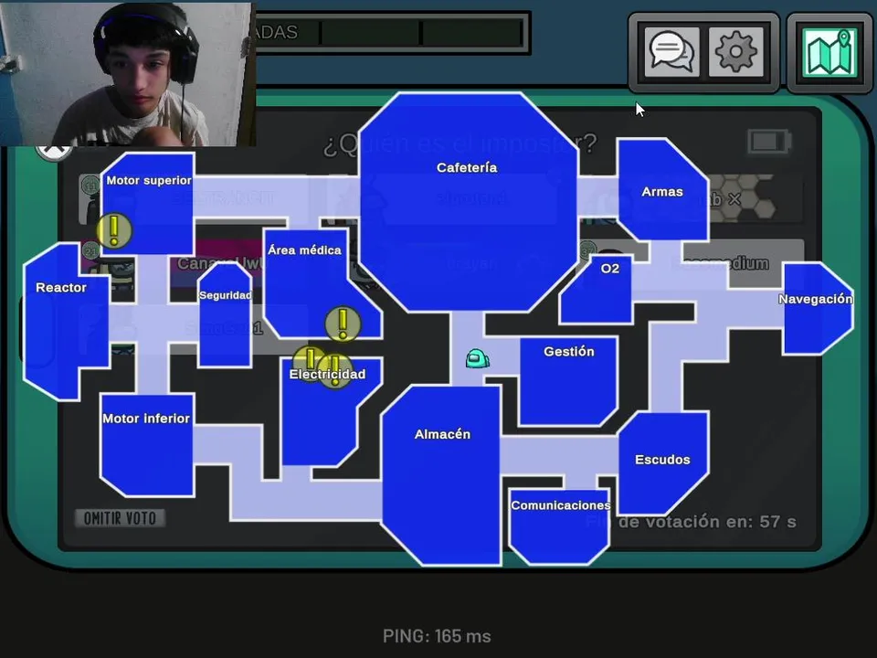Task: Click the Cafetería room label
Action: click(467, 168)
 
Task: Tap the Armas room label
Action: click(662, 192)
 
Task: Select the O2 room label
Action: click(610, 269)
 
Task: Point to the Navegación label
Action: click(816, 300)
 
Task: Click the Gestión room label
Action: click(568, 352)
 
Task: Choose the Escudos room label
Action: click(662, 460)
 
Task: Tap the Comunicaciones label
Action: click(560, 505)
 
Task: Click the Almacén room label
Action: click(442, 435)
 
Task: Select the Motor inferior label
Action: click(146, 419)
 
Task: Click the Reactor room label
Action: click(61, 288)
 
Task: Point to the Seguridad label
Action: click(225, 296)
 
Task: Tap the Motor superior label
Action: click(149, 181)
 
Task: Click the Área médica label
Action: click(304, 250)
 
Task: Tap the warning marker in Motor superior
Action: click(114, 230)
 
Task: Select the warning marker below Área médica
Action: click(343, 323)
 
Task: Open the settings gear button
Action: click(736, 52)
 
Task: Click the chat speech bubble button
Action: click(671, 52)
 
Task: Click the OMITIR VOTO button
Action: click(120, 518)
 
